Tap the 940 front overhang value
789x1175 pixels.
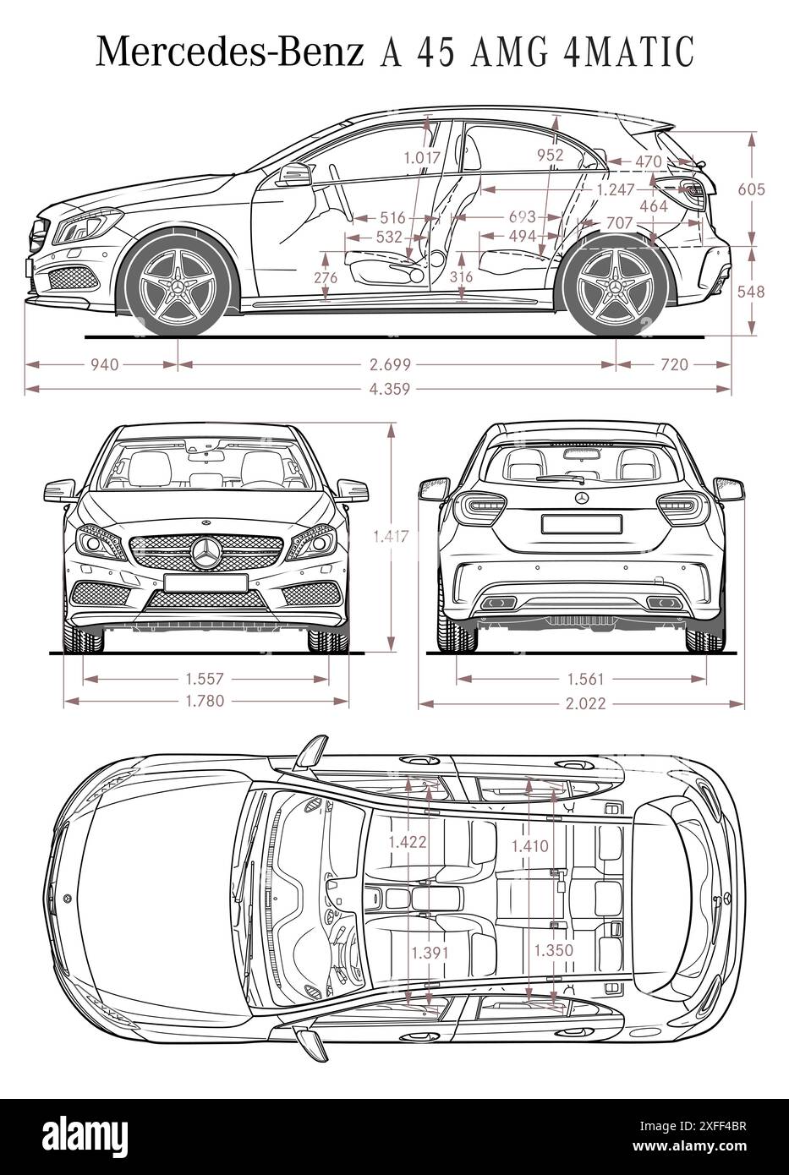pos(104,364)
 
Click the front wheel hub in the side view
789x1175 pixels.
pos(178,287)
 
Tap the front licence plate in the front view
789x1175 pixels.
pos(205,582)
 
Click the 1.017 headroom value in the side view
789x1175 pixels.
pos(421,156)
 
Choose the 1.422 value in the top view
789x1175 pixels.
pos(407,841)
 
